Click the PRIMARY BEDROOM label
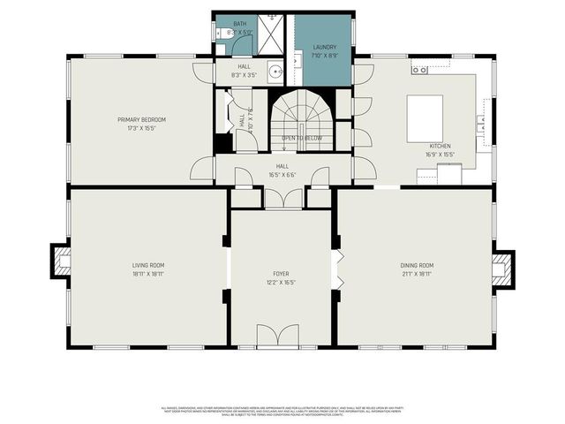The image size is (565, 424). tap(141, 119)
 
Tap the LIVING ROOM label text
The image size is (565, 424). tap(147, 265)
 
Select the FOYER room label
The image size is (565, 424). tap(281, 274)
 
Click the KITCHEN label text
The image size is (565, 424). tap(441, 146)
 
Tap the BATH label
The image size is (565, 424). tap(240, 25)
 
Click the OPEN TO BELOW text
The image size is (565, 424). tap(302, 139)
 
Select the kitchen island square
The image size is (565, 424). tap(425, 118)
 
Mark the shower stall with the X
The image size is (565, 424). tap(272, 35)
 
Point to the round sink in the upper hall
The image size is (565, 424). tap(275, 72)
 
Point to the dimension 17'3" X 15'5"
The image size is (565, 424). tap(141, 127)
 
